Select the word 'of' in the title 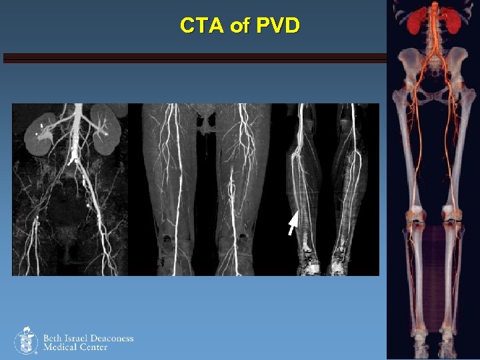tap(238, 26)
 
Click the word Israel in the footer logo tap(79, 338)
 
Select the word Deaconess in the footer tap(113, 338)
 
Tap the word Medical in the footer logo tap(60, 347)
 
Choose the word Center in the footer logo tap(93, 347)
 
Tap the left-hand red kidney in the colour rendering tap(416, 21)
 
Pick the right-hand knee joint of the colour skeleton tap(453, 217)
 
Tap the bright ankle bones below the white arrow tap(309, 261)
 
